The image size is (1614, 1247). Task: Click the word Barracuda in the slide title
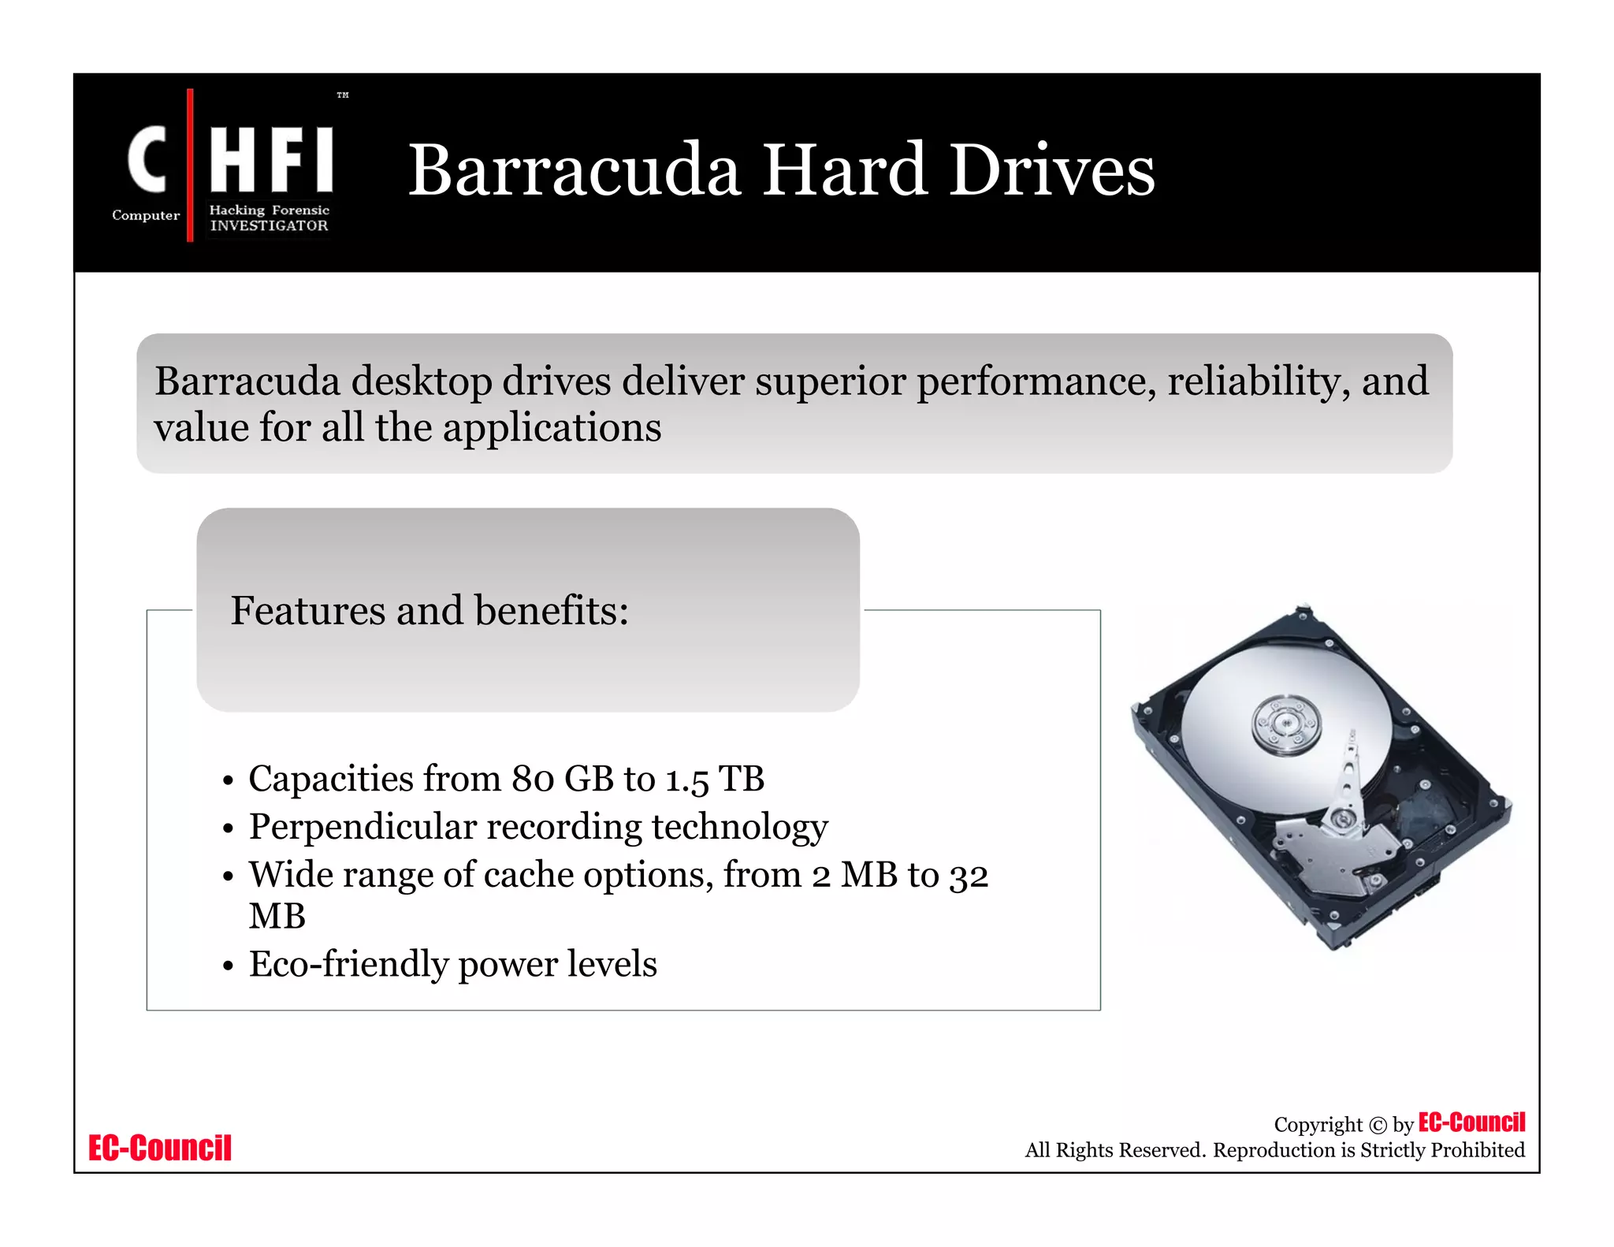[x=574, y=170]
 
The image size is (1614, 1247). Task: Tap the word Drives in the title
[x=1052, y=170]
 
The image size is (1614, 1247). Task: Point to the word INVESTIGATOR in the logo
[x=269, y=225]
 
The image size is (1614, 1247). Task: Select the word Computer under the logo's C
[x=146, y=215]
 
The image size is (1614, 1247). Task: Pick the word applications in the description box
[x=552, y=429]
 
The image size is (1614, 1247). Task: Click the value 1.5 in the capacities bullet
[x=687, y=780]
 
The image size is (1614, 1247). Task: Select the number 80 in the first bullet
[x=533, y=780]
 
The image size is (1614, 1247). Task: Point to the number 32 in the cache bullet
[x=969, y=877]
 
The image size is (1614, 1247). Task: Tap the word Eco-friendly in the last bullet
[x=348, y=964]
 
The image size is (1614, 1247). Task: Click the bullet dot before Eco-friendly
[x=229, y=966]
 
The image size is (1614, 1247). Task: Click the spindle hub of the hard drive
[x=1286, y=723]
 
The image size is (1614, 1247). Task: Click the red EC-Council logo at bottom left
[x=160, y=1148]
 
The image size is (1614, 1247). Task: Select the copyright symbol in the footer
[x=1378, y=1126]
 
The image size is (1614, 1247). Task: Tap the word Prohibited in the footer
[x=1478, y=1150]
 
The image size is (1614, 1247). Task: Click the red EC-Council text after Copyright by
[x=1471, y=1122]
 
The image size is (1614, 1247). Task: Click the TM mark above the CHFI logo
[x=343, y=95]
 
